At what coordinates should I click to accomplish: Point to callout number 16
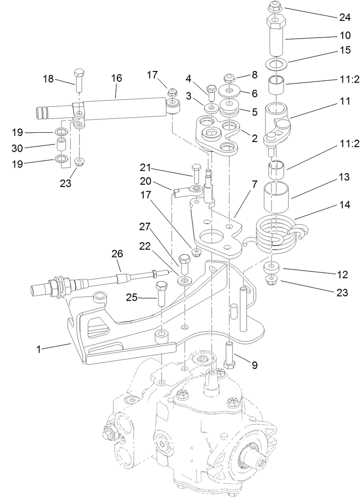click(x=116, y=78)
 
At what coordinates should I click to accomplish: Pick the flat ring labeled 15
click(x=276, y=63)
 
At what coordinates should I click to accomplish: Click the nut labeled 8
click(x=229, y=77)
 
